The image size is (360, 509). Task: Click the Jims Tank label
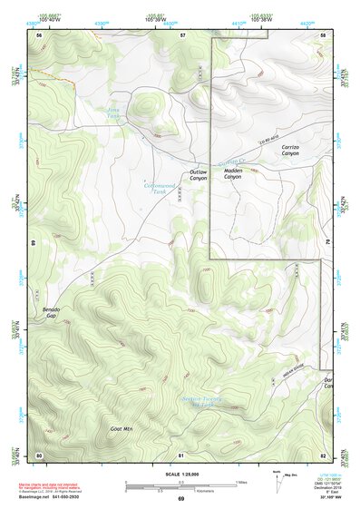[113, 113]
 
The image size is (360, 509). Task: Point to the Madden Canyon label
[233, 173]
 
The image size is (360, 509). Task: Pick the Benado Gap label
[52, 314]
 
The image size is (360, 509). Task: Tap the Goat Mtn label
[122, 427]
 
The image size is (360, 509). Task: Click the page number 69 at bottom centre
[180, 499]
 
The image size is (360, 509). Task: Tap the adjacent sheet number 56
[39, 34]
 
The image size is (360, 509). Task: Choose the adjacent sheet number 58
[323, 34]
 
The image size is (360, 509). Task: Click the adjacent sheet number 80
[39, 454]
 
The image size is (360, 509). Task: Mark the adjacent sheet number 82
[323, 454]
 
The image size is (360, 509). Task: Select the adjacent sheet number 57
[181, 34]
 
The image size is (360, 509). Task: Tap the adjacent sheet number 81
[181, 454]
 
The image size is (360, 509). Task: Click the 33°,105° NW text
[330, 499]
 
